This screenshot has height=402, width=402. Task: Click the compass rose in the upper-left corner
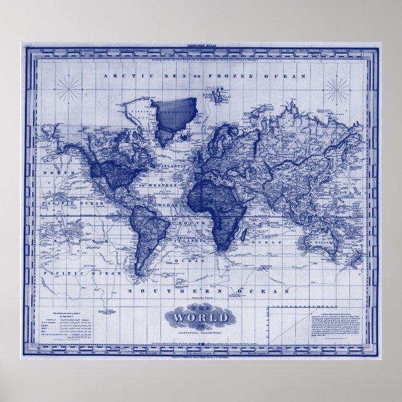coord(68,89)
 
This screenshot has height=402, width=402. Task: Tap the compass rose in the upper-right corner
coord(337,91)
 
